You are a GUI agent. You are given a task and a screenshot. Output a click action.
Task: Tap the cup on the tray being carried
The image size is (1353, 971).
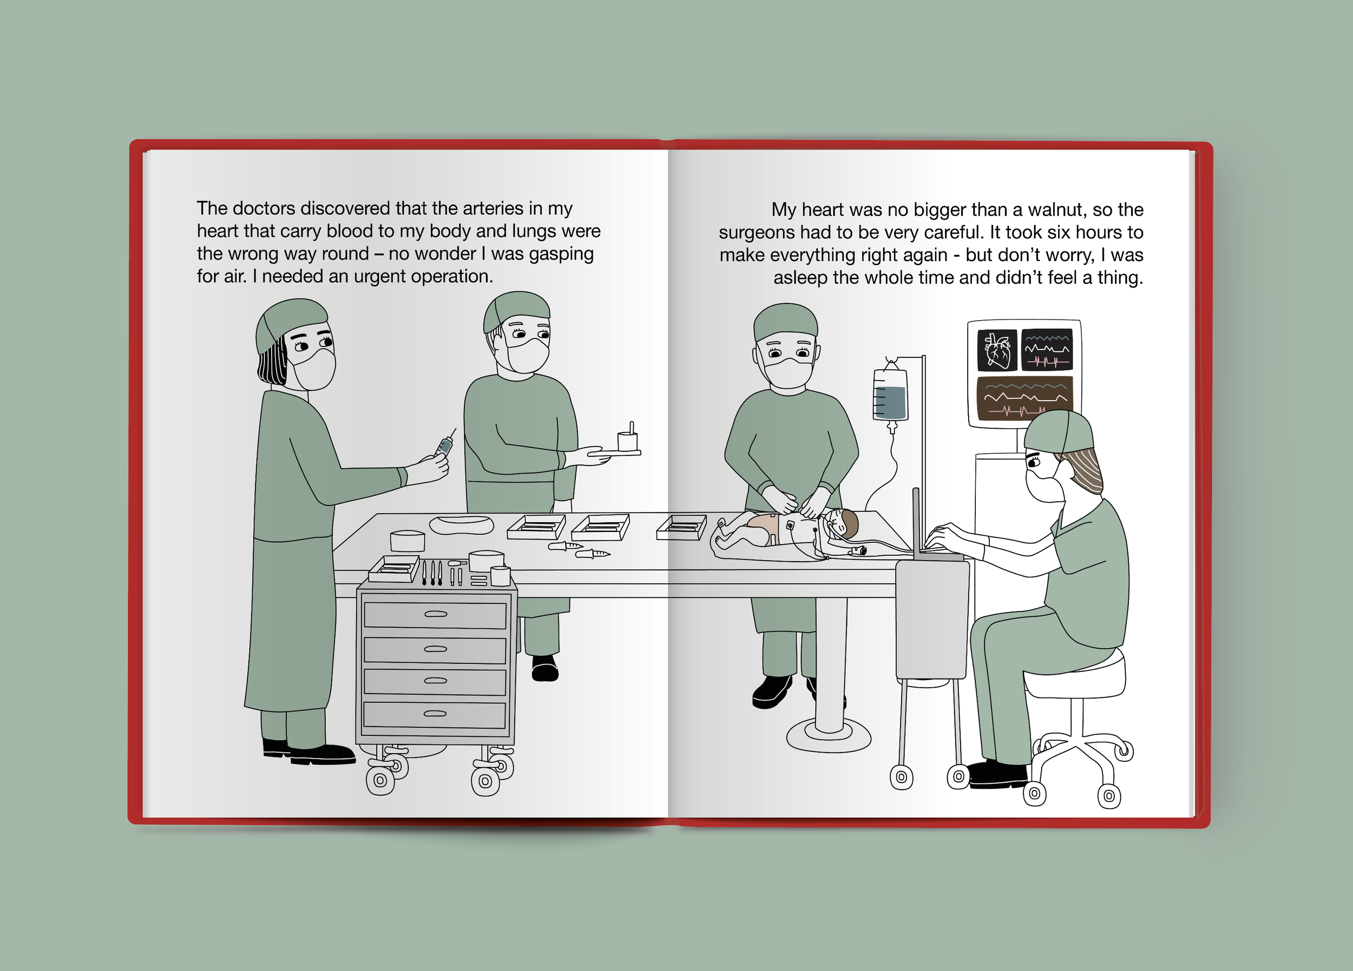point(628,441)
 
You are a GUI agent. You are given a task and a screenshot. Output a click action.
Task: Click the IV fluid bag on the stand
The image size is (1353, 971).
point(890,394)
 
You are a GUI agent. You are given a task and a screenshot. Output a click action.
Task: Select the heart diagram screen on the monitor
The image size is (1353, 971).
point(997,350)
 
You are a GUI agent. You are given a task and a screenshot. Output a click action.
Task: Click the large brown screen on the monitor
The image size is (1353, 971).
point(1024,397)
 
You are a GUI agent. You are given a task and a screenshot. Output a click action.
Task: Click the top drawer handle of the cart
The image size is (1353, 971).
point(436,614)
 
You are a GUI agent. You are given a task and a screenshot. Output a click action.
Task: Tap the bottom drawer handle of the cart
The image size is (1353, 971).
point(435,713)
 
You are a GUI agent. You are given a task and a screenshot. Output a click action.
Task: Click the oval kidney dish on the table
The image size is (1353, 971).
point(462,524)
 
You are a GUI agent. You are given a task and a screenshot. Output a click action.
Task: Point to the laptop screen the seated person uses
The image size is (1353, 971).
point(917,522)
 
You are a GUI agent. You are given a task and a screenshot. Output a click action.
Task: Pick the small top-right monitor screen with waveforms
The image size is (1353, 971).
point(1047,350)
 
